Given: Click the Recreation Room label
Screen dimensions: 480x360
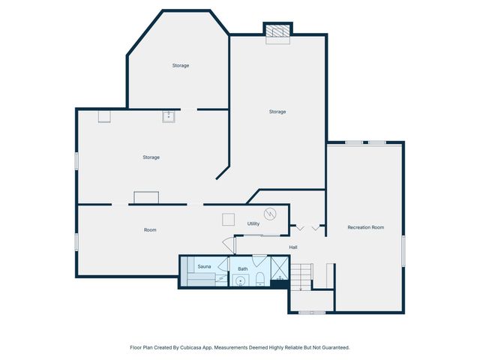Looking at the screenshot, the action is click(365, 227).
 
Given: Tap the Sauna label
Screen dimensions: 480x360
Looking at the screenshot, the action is click(204, 267).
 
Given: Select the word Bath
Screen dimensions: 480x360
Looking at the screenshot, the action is click(243, 268).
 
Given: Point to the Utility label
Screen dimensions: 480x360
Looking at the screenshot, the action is click(253, 223).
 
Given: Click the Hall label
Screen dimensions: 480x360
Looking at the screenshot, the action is click(293, 247).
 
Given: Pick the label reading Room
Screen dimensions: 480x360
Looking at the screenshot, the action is click(150, 230).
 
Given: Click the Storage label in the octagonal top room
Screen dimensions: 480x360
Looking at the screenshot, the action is click(181, 65).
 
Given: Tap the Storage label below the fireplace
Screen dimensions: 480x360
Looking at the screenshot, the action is click(277, 112).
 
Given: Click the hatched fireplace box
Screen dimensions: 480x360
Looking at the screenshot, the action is click(277, 31).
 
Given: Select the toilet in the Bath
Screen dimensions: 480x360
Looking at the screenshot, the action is click(260, 278).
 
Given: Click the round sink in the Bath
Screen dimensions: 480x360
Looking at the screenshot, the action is click(240, 280).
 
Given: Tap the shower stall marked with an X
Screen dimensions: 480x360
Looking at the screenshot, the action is click(280, 268).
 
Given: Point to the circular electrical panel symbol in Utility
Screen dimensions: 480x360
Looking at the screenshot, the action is click(270, 214).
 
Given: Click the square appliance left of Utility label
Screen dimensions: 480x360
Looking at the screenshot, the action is click(228, 220).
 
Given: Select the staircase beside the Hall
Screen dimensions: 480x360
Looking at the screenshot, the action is click(301, 277).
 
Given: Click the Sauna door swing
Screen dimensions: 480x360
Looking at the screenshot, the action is click(223, 264).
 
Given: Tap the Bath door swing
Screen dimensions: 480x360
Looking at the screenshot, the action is click(259, 260).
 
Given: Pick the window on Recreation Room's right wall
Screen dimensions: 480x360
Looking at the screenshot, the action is click(403, 250).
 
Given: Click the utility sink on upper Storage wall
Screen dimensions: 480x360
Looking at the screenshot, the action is click(168, 117).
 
